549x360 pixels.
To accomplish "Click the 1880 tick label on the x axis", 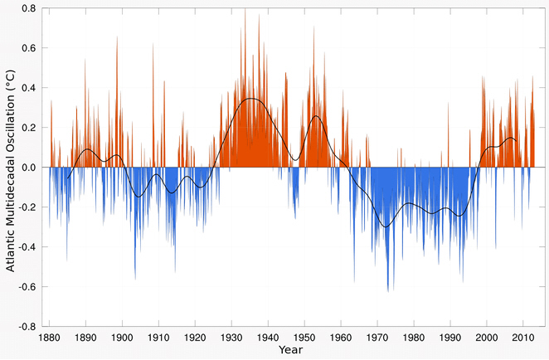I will [50, 339].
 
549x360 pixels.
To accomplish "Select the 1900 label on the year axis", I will [123, 339].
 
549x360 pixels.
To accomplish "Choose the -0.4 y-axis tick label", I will [26, 247].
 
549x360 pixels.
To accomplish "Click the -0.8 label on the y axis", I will [26, 326].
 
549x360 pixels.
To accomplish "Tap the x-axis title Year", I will [291, 352].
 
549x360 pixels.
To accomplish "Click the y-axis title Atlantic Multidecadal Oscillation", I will [9, 166].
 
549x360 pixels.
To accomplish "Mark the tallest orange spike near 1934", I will [245, 9].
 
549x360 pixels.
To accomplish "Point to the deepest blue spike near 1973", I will [388, 291].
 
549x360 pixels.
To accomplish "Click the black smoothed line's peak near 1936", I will [251, 99].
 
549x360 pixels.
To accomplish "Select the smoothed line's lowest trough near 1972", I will [384, 226].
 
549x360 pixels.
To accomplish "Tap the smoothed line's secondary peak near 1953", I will [316, 116].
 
